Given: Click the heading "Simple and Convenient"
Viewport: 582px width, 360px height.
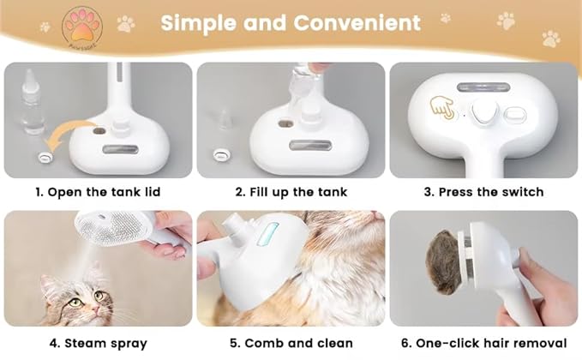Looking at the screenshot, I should [x=291, y=23].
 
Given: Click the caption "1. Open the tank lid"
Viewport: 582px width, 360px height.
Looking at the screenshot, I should [x=97, y=191].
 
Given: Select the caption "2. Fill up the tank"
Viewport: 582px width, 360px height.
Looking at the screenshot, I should [x=291, y=191].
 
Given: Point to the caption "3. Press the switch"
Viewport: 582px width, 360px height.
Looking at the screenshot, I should [x=483, y=191].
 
